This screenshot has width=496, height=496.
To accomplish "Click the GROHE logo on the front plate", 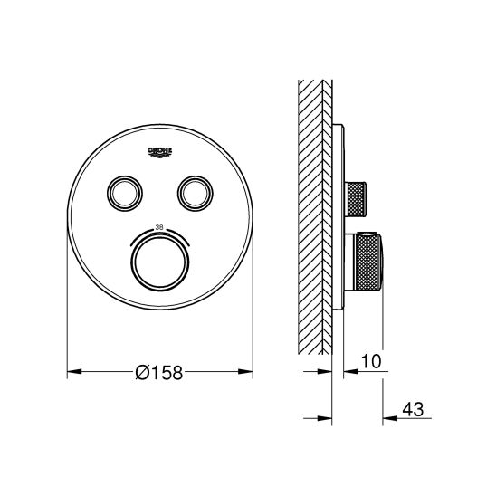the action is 160,151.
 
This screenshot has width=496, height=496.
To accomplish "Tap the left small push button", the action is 125,193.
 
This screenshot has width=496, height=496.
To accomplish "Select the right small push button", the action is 196,193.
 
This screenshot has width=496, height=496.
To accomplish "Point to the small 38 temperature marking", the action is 159,227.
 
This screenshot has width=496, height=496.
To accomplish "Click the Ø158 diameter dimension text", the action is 159,372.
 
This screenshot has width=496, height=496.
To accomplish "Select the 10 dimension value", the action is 371,361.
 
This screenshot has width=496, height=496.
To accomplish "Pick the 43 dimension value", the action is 413,410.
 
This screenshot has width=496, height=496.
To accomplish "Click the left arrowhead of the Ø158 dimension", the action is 74,372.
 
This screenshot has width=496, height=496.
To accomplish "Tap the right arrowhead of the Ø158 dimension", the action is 245,372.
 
